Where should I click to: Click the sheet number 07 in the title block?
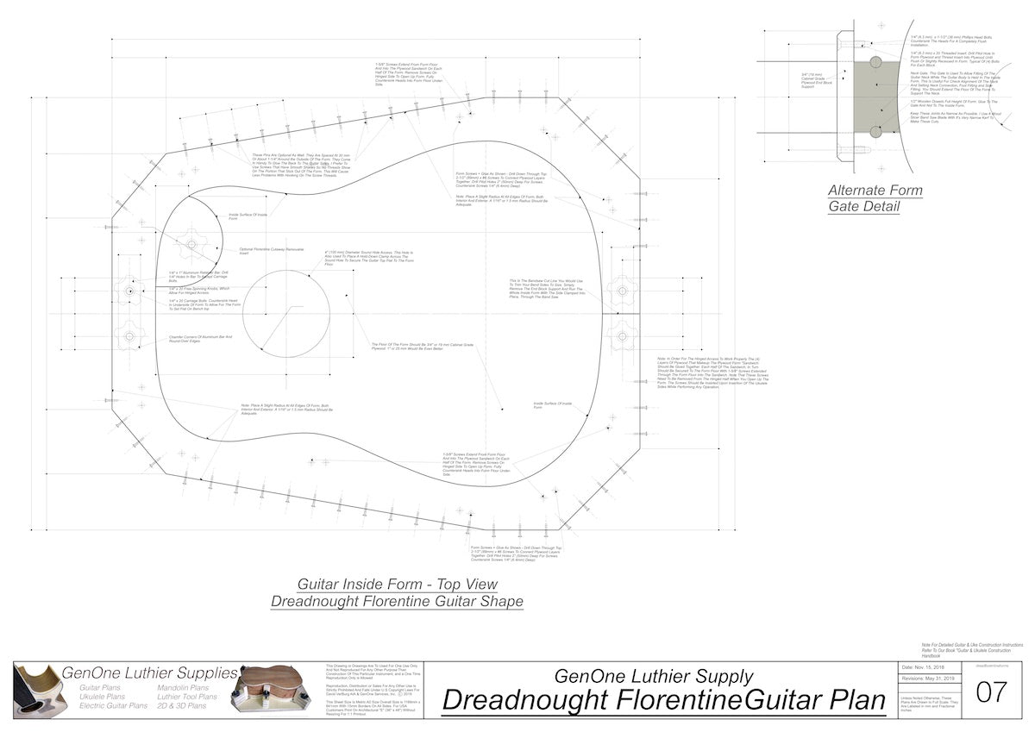[x=989, y=691]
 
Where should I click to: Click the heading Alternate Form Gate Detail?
[x=875, y=198]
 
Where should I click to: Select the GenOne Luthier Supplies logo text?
[x=149, y=673]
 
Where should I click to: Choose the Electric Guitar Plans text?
[x=113, y=705]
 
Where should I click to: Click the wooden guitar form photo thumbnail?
[x=276, y=692]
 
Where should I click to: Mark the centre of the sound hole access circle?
[x=286, y=313]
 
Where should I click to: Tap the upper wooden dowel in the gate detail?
[x=875, y=62]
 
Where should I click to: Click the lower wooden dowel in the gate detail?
[x=875, y=131]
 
